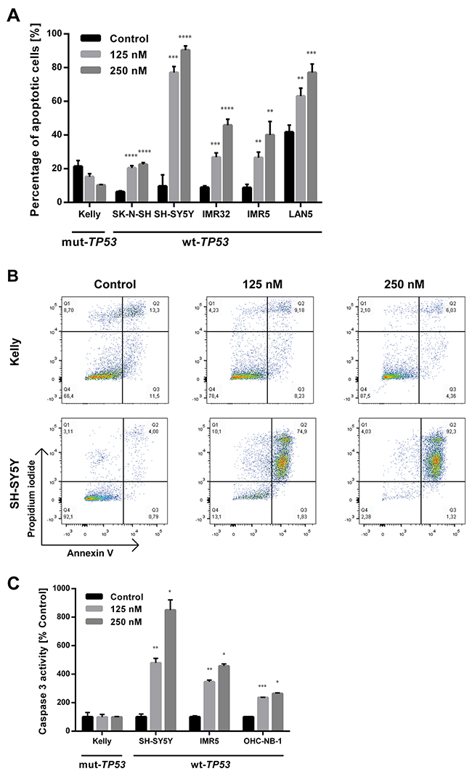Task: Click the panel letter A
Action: coord(12,14)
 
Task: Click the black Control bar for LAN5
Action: coord(290,167)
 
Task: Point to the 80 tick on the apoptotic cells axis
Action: coord(64,68)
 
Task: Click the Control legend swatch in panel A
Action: coord(91,38)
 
